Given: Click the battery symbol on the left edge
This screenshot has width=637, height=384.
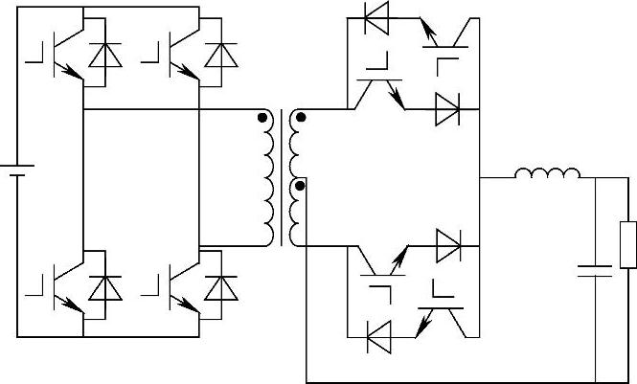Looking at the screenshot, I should point(17,171).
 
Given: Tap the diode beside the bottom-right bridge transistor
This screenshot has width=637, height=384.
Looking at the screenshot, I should point(221,287).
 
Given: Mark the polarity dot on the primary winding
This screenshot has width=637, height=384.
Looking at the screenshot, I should point(262,118).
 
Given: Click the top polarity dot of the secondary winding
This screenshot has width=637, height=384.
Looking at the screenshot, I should point(302,118).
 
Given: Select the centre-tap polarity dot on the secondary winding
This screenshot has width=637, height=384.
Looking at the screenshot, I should point(302,185).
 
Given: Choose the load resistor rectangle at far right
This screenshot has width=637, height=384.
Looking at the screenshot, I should point(627,244).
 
